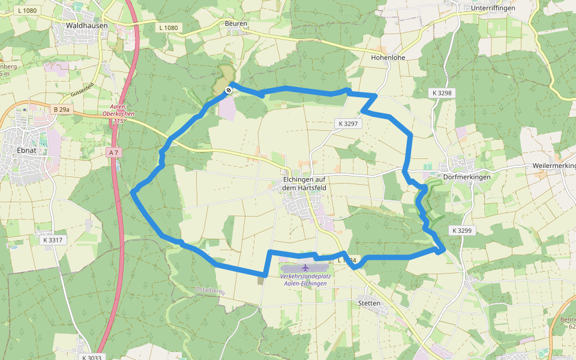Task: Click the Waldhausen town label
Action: pos(87,26)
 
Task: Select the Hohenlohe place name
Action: pos(388,58)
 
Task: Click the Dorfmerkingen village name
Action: pos(466,177)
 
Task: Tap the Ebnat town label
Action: pos(26,150)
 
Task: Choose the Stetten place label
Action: pos(368,304)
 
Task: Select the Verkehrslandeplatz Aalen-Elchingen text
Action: pos(305,279)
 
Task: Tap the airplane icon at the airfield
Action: pos(305,266)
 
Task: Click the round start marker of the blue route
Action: pos(229,90)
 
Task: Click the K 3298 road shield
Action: pos(441,93)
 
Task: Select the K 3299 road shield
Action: pos(462,230)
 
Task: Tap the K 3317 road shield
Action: pos(53,240)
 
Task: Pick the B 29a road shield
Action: pos(61,109)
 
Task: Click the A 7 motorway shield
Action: pos(113,153)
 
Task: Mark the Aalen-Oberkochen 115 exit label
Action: pos(122,114)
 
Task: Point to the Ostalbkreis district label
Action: pos(209,291)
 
